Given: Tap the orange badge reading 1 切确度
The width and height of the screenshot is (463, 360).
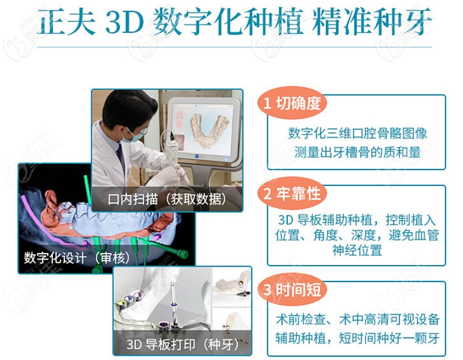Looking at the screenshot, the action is (x=292, y=103).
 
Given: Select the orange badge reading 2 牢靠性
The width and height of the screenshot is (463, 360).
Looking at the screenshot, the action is (x=292, y=193).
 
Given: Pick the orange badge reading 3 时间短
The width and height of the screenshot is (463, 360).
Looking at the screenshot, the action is (x=292, y=289).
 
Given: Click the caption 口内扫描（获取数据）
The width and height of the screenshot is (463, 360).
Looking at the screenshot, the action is (x=167, y=199).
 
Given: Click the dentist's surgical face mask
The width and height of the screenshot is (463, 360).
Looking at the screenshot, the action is (x=132, y=135).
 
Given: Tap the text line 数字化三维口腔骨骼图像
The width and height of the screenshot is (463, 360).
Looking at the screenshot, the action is (x=358, y=133).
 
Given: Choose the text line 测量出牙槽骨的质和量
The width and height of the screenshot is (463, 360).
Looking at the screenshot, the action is (x=358, y=152).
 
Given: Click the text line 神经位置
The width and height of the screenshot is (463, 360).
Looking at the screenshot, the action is (x=357, y=250).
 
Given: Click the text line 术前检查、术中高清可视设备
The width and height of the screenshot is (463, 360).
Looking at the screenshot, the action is (x=358, y=320).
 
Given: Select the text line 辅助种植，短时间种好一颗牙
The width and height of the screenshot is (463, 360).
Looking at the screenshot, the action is (x=358, y=338).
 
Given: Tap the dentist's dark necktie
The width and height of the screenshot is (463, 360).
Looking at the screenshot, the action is (x=121, y=158).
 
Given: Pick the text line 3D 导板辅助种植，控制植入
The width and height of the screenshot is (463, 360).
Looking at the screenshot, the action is (x=357, y=220).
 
